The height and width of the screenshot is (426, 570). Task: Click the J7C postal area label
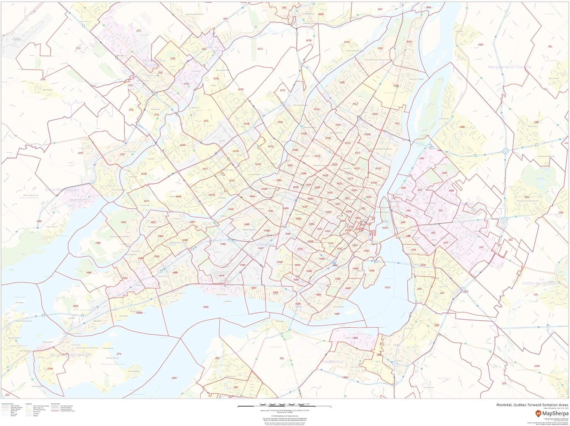(x=139, y=31)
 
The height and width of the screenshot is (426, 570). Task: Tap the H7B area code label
(x=309, y=40)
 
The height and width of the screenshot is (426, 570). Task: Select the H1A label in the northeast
(x=409, y=42)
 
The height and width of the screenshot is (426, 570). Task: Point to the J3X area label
(x=481, y=44)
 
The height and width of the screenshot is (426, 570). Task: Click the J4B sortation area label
(x=462, y=127)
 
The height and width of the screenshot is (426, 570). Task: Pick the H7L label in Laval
(x=206, y=121)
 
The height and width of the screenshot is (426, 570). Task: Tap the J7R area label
(x=80, y=153)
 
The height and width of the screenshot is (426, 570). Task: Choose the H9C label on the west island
(x=123, y=222)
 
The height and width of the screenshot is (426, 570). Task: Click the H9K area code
(x=89, y=273)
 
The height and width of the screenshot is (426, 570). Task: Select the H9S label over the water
(x=206, y=307)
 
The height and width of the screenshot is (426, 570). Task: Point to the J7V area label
(x=119, y=354)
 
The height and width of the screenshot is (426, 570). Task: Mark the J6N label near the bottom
(x=174, y=378)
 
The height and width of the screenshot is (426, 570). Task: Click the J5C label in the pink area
(x=355, y=338)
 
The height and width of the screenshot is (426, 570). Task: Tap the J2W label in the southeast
(x=537, y=366)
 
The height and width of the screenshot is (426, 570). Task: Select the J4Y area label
(x=442, y=293)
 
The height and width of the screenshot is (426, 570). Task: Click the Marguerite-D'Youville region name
(x=510, y=67)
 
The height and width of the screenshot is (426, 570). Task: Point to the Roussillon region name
(x=332, y=362)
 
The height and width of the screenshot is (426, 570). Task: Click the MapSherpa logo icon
(x=538, y=413)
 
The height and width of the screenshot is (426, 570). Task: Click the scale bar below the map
(x=284, y=407)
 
